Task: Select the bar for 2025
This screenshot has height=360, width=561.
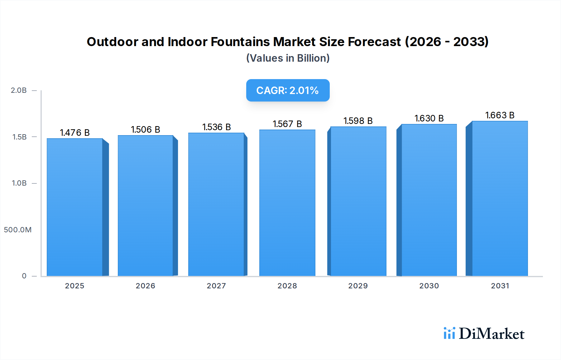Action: pos(75,207)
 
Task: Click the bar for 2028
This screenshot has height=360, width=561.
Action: pos(287,202)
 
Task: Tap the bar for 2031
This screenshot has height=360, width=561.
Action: pos(500,198)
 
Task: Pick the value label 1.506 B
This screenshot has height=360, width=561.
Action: pos(145,130)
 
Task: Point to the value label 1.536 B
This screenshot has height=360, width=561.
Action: pos(216,127)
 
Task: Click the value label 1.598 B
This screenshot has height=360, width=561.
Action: pos(358,121)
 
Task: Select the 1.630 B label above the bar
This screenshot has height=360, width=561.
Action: pos(429,118)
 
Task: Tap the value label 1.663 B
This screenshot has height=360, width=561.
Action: pos(500,115)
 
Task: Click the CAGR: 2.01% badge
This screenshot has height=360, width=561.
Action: pos(288,90)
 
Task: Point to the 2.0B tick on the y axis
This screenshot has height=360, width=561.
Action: pos(19,90)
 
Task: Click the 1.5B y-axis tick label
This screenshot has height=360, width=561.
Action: pos(19,137)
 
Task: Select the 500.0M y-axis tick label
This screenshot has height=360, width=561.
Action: pos(18,230)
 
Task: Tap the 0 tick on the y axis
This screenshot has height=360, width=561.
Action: pos(24,276)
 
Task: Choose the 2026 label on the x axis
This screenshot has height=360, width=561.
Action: pos(145,286)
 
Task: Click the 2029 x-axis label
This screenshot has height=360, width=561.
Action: pos(358,286)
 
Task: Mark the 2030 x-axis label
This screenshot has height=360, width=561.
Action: pos(429,286)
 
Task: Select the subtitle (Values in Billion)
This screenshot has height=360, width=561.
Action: pos(288,58)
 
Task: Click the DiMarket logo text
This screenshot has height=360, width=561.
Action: pos(491,334)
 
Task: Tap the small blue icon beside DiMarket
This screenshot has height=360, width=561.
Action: pos(449,333)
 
